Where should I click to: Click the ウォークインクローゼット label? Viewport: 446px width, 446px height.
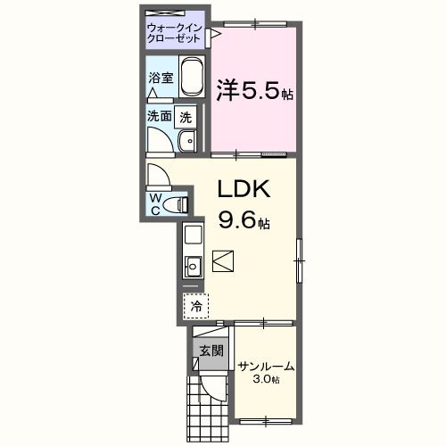click(176, 34)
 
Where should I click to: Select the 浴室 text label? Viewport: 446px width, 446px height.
click(160, 78)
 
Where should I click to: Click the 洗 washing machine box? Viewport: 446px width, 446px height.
click(185, 116)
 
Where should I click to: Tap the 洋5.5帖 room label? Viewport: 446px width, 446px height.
click(253, 91)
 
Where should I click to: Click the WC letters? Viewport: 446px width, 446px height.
click(155, 203)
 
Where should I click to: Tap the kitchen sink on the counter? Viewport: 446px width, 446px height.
click(192, 265)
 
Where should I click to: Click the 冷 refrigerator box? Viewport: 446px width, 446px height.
click(195, 305)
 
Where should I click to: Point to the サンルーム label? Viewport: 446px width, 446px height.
click(266, 366)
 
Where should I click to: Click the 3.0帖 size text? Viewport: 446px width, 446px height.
click(267, 380)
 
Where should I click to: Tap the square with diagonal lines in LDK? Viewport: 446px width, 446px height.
click(223, 261)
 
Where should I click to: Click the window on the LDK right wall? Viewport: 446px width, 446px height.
click(301, 257)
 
